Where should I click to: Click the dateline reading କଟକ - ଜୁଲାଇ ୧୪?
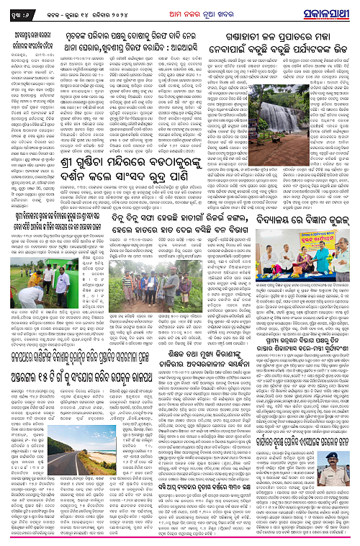(84, 10)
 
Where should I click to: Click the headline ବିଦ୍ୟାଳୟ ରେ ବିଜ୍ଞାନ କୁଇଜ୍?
(313, 229)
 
